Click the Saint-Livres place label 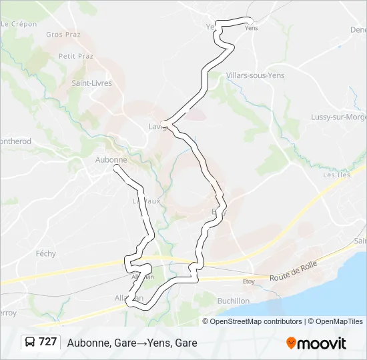tap(92, 83)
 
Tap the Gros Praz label tap(63, 34)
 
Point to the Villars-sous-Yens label tap(255, 75)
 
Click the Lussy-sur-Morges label tap(338, 117)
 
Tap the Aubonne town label tap(111, 160)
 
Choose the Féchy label tap(46, 253)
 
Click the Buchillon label tap(234, 301)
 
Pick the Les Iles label tap(336, 175)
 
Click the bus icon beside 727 tap(31, 342)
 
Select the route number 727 tap(48, 342)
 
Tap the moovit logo tap(316, 343)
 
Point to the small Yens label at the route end tap(252, 28)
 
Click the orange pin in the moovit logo tap(291, 343)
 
